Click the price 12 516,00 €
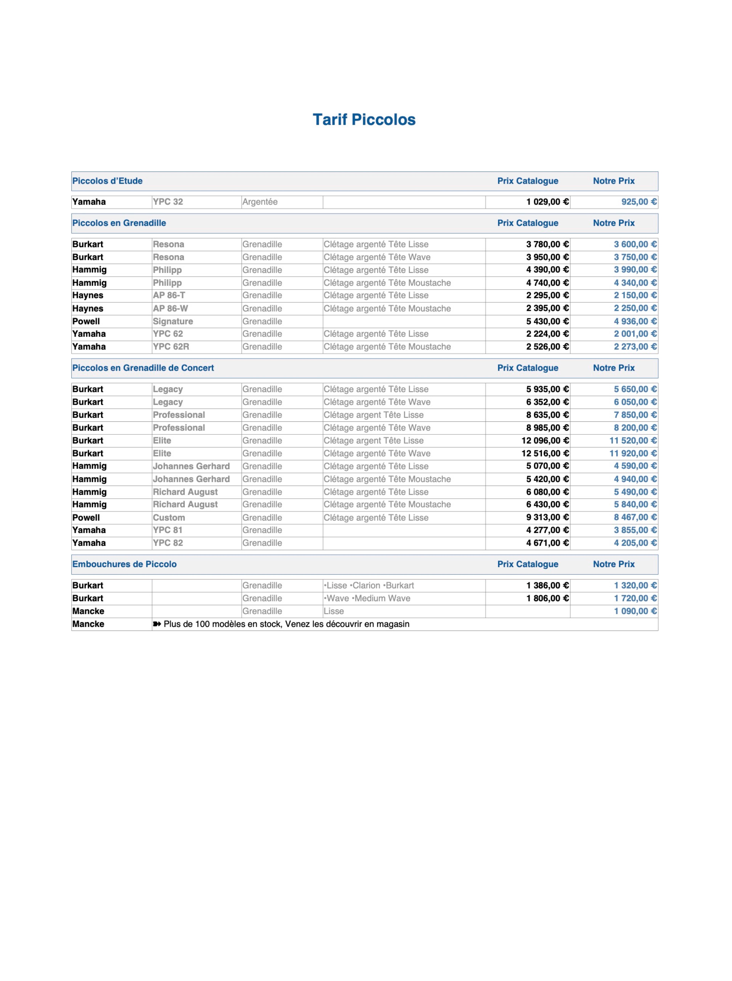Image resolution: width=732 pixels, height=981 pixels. click(x=545, y=453)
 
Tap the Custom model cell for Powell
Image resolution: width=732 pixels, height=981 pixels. click(x=169, y=518)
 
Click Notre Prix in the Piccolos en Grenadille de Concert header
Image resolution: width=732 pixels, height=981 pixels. click(x=614, y=368)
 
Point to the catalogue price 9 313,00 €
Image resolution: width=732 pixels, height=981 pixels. click(x=547, y=518)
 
